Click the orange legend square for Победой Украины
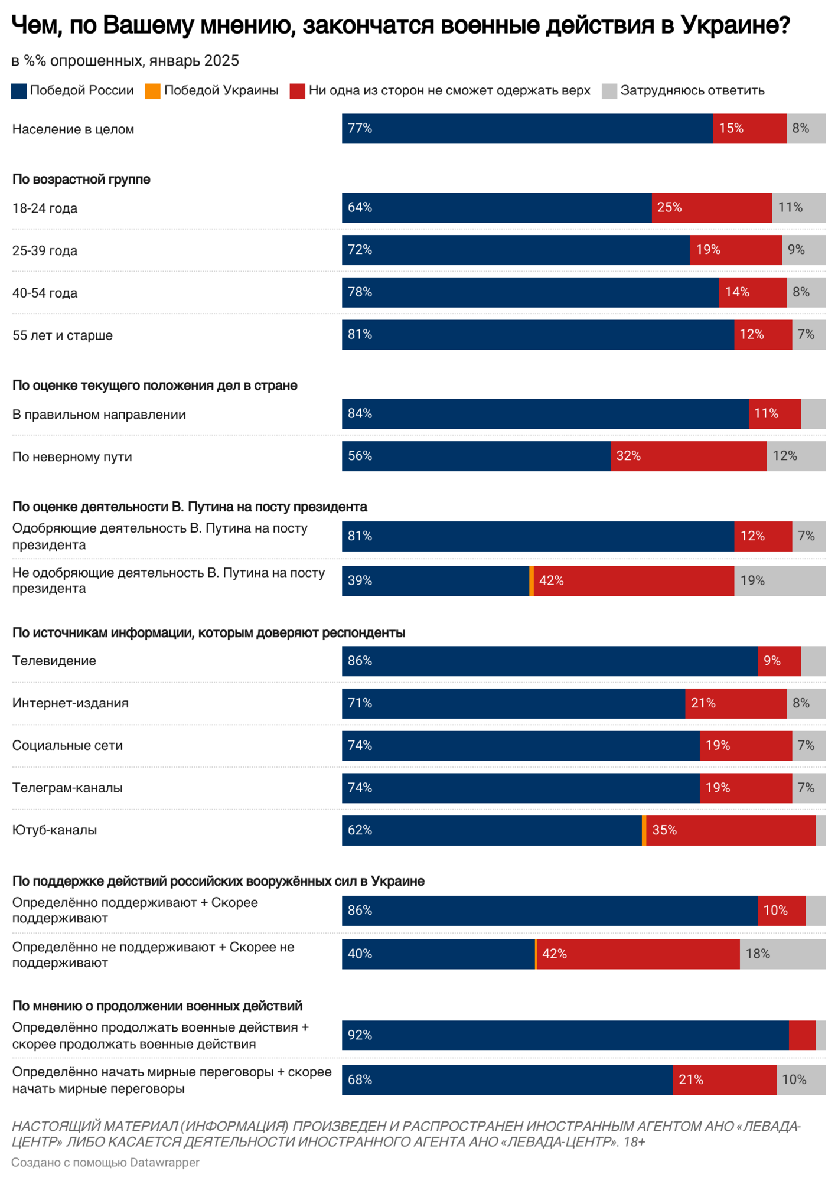pos(152,91)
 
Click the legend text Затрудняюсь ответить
pos(692,90)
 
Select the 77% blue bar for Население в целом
pos(527,129)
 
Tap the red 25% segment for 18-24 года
pos(712,208)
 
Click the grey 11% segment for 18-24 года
pos(798,208)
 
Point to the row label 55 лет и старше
pos(63,335)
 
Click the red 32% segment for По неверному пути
pos(688,456)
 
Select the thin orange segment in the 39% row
pos(532,581)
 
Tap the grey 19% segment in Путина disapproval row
pos(780,581)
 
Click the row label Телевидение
pos(54,661)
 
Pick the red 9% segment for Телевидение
pos(780,661)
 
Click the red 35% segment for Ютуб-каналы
pos(731,830)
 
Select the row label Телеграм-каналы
pos(67,788)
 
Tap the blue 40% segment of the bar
pos(438,954)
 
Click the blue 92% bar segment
pos(565,1036)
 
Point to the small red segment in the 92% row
pos(802,1036)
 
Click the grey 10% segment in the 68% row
pos(801,1080)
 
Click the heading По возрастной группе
pos(81,180)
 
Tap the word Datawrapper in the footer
pos(165,1163)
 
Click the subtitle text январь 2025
pos(194,61)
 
